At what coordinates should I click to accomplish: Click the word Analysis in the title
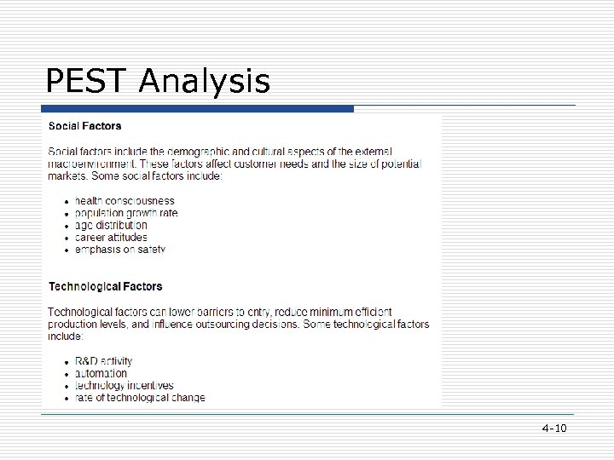coord(204,83)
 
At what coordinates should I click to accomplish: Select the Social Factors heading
coord(84,126)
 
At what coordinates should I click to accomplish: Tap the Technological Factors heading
coord(105,286)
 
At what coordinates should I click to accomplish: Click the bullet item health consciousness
coord(125,201)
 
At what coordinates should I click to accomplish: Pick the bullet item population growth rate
coord(126,213)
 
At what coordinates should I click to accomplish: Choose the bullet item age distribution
coord(111,226)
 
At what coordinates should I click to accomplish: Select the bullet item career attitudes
coord(111,238)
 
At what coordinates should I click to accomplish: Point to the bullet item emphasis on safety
coord(119,250)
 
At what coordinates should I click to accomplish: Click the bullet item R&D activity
coord(103,361)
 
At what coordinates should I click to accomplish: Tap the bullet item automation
coord(101,373)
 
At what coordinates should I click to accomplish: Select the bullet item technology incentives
coord(124,385)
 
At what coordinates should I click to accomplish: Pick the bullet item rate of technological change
coord(140,397)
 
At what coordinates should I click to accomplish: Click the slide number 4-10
coord(553,428)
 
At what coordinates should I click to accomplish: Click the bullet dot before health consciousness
coord(67,202)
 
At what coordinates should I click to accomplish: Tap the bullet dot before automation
coord(67,374)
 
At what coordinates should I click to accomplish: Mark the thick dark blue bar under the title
coord(197,109)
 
